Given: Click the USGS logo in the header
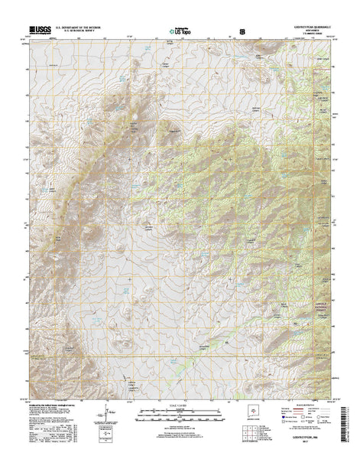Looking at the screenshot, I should click(38, 31).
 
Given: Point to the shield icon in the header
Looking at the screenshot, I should click(243, 33).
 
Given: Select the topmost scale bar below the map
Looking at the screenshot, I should click(180, 414).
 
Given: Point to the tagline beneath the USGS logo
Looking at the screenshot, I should click(38, 36).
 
